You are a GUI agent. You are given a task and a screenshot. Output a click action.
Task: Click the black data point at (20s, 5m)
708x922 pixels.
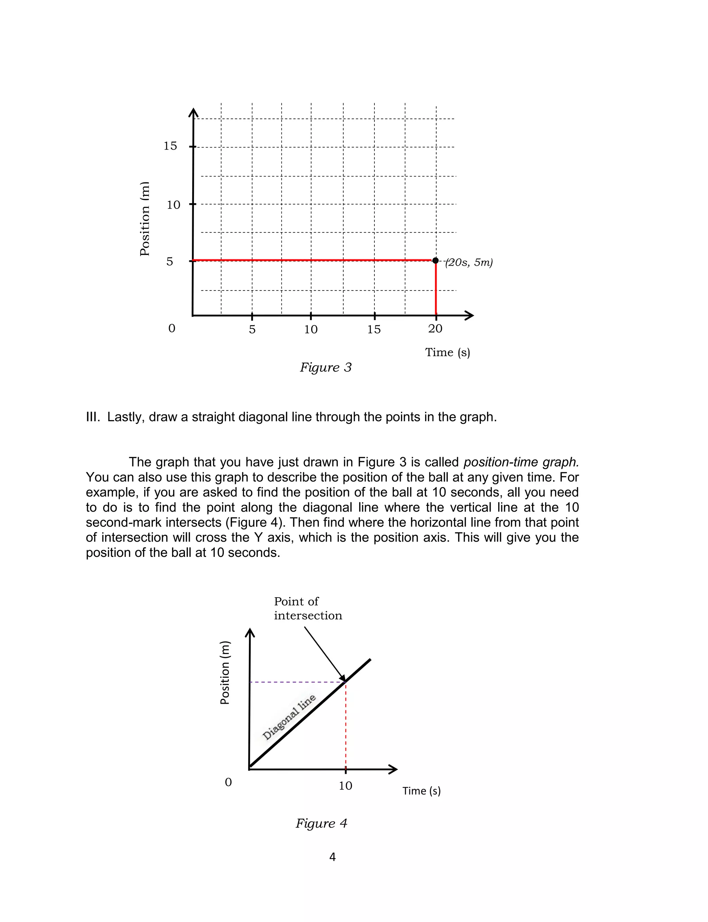coord(435,260)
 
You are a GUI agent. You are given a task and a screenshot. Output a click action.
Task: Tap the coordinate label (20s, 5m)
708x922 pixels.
coord(469,263)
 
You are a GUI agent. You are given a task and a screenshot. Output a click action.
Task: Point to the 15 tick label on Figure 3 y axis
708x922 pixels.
coord(170,146)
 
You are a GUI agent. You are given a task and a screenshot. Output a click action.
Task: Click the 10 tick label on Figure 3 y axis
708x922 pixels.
coord(173,205)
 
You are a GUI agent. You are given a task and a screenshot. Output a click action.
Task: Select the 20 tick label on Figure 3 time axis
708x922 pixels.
coord(435,329)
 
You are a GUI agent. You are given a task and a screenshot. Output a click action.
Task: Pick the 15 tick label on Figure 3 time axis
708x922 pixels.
coord(374,330)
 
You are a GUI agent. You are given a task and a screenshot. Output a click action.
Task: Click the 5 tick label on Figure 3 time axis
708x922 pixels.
coord(252,330)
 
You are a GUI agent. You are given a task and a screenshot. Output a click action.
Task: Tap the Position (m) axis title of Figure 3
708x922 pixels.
coord(145,219)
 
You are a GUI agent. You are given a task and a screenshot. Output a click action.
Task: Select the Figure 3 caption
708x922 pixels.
coord(325,368)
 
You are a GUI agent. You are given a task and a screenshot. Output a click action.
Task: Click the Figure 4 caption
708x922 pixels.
coord(321,823)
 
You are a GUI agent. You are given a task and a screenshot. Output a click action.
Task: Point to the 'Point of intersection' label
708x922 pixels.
coord(308,608)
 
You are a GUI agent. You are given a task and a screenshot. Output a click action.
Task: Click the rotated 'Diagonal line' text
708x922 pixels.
coord(289,717)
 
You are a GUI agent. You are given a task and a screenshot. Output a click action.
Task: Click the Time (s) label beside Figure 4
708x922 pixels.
coord(421,791)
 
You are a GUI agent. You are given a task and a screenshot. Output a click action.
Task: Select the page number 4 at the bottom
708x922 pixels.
coord(332,857)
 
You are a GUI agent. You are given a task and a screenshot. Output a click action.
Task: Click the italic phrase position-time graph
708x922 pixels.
coord(521,462)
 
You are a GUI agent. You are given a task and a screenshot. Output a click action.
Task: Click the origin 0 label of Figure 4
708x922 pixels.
coord(229,782)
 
